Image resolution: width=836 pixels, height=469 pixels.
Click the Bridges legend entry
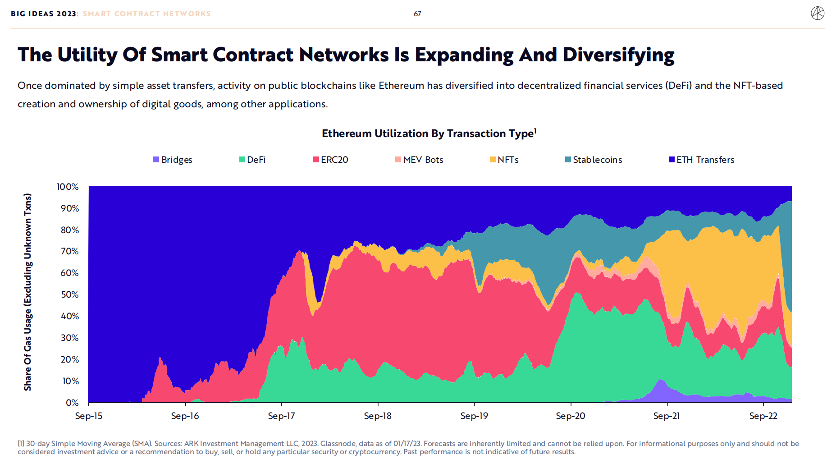[x=173, y=160]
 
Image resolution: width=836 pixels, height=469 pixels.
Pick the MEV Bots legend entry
[x=419, y=160]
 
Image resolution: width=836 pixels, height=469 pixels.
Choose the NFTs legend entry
[x=504, y=160]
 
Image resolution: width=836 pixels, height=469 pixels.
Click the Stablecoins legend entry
[x=594, y=160]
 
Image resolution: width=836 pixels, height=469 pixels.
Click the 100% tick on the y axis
[x=68, y=187]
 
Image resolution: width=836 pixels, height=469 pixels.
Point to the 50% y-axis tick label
[x=69, y=294]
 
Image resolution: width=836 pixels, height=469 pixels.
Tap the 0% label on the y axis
[x=72, y=402]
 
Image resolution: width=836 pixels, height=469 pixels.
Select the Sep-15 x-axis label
[x=89, y=416]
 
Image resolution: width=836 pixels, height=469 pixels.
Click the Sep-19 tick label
[x=474, y=416]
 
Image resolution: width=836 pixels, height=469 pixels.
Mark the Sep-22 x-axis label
[x=763, y=416]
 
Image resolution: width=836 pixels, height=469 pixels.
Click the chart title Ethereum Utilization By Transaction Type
[x=429, y=133]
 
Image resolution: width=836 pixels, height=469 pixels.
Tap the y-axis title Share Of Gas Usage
[x=28, y=292]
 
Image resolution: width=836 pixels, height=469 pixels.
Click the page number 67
[x=417, y=14]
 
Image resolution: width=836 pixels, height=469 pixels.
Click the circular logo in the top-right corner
[x=818, y=14]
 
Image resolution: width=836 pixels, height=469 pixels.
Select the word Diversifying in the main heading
[x=618, y=55]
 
